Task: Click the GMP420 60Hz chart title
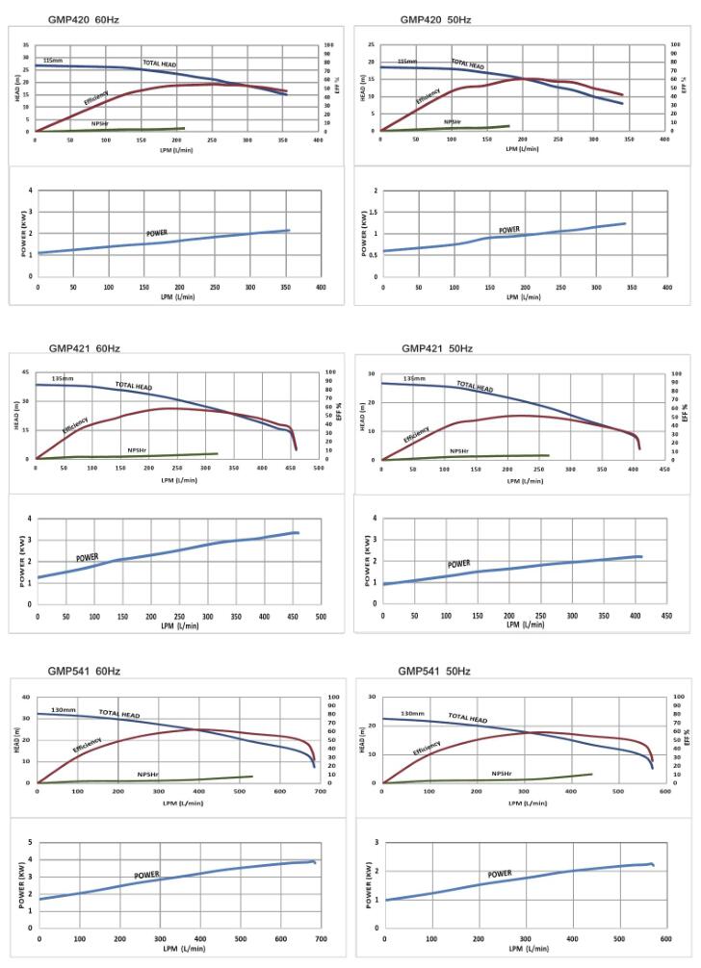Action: pos(84,19)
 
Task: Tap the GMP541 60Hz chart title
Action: pos(84,671)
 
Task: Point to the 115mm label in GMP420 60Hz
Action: pos(53,60)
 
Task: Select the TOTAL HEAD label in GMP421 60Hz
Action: pos(134,387)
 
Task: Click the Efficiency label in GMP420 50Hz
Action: pos(428,96)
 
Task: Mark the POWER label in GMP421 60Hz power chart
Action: pos(88,557)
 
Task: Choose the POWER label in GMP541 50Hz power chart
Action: pos(499,874)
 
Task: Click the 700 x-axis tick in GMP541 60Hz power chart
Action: pos(321,938)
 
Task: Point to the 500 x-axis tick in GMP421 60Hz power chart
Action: pos(321,616)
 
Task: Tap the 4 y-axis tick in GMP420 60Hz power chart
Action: pos(30,191)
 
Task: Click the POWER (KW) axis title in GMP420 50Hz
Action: pos(365,234)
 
